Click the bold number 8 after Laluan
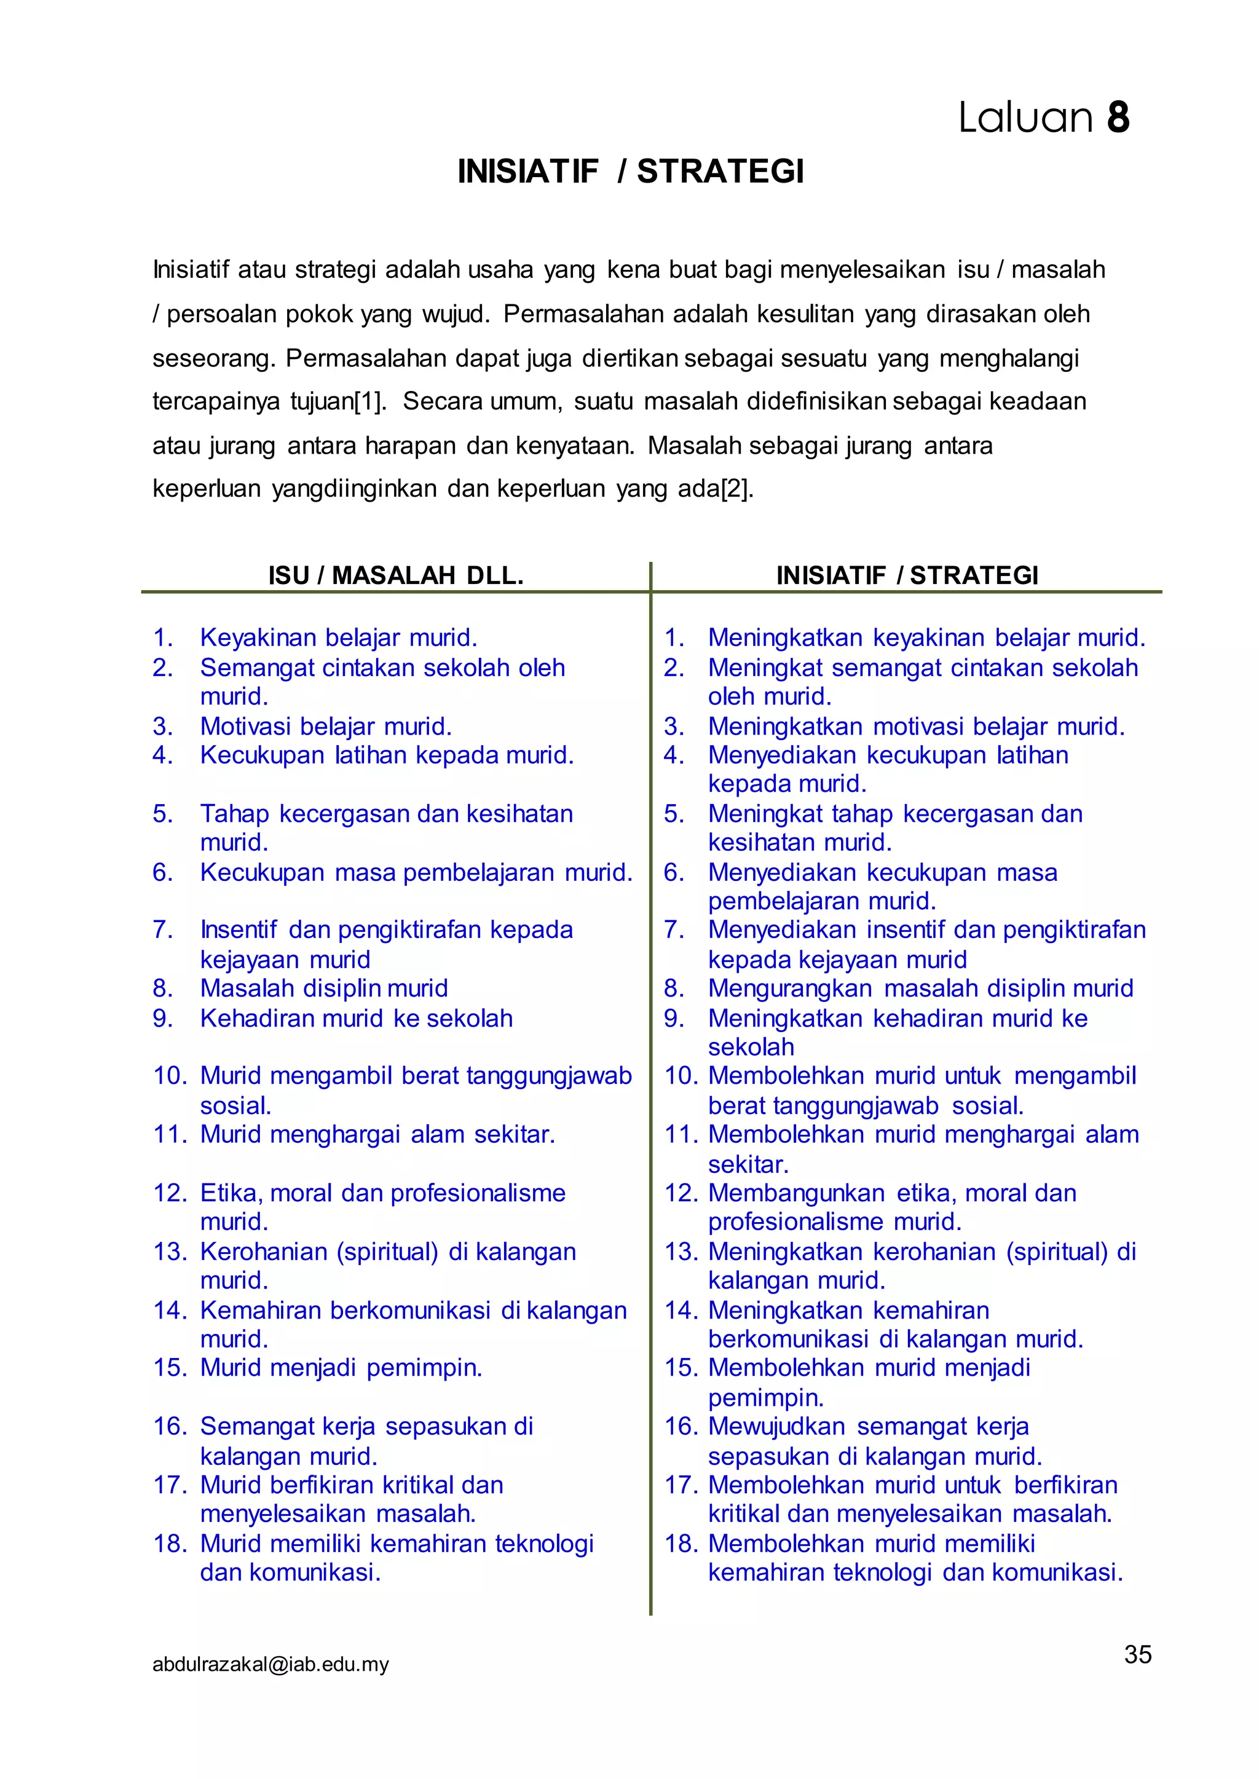1117,119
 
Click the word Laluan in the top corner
1025,119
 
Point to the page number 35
1137,1654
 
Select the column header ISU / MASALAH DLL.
395,575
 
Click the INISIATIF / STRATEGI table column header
907,575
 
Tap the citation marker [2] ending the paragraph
736,489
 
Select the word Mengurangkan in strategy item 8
790,988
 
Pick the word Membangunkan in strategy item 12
796,1193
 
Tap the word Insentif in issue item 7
238,929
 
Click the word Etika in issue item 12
231,1193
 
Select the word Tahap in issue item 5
234,814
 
